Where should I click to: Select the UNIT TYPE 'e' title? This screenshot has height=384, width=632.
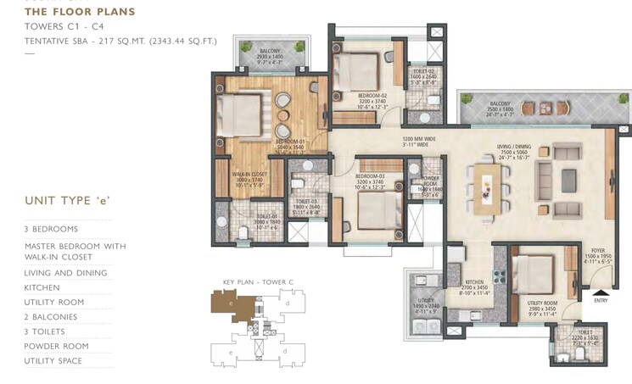68,200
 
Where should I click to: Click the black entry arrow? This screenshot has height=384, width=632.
601,293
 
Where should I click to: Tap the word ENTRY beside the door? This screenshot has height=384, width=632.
601,300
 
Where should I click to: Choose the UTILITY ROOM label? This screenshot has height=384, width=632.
541,303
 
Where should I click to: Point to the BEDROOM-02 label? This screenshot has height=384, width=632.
372,95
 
